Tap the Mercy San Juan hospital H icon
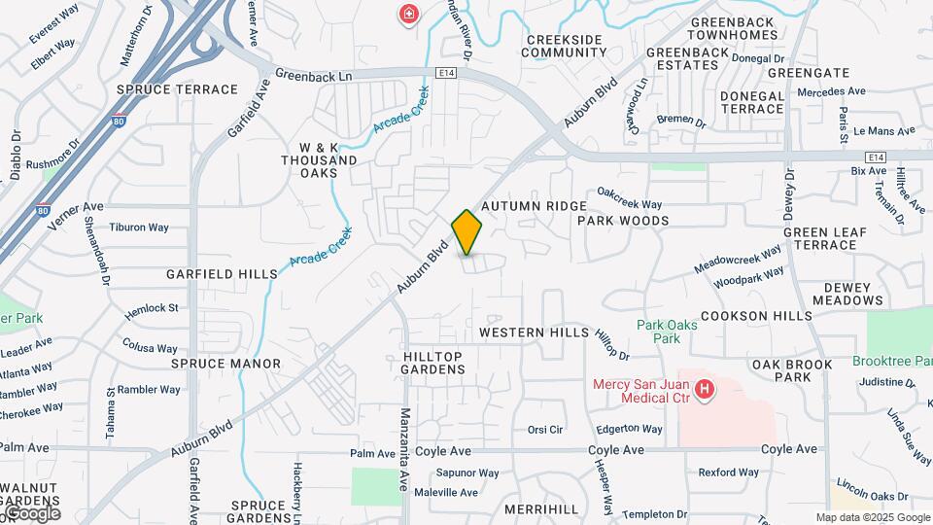[706, 392]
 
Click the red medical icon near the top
[409, 14]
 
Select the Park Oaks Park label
[667, 332]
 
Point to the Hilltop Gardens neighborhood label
[433, 363]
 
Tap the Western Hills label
[534, 332]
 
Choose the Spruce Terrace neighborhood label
[177, 89]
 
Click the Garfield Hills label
[222, 274]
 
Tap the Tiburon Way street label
[139, 227]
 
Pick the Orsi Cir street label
[545, 429]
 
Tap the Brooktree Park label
[892, 361]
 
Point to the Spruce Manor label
[225, 364]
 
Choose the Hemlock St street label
[152, 308]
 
